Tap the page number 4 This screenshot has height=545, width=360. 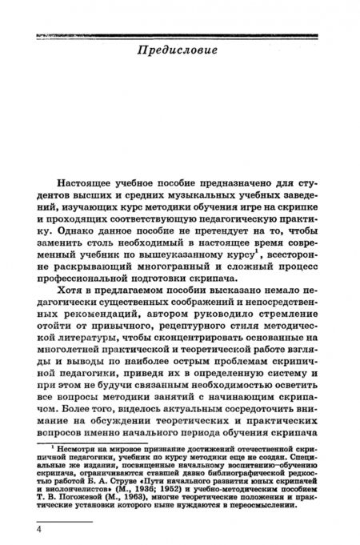pos(36,531)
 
